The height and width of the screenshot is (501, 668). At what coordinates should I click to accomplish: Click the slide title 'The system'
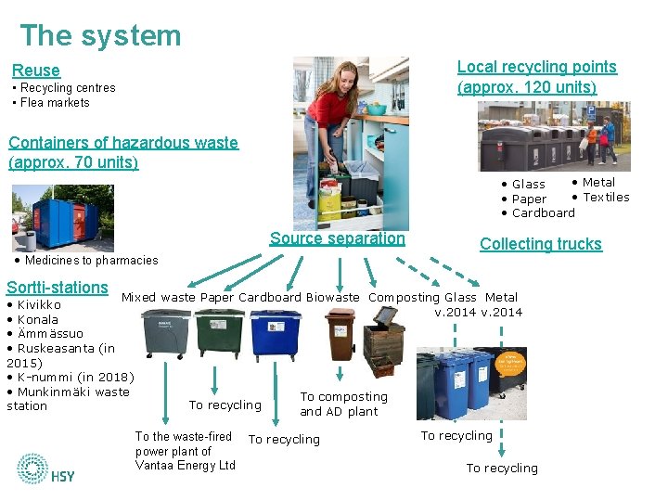coord(100,35)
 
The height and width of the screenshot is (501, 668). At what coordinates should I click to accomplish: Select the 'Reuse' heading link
coord(35,71)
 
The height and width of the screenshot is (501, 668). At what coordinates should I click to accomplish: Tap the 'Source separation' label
coord(338,238)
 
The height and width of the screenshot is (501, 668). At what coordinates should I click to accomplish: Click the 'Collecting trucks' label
coord(541,244)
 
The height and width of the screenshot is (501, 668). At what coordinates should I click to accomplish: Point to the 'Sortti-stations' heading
coord(58,288)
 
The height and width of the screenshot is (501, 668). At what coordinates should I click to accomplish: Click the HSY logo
coord(45,469)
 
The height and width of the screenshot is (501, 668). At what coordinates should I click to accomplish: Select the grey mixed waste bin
coord(165,335)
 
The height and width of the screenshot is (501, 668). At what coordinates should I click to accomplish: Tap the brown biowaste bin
coord(340,334)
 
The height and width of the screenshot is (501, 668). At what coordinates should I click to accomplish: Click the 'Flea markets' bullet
coord(55,103)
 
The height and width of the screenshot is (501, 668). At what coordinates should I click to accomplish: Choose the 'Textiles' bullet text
coord(606,197)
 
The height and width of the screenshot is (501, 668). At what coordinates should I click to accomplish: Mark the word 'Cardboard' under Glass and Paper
coord(544,212)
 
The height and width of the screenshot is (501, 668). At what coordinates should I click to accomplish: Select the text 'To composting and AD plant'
coord(343,404)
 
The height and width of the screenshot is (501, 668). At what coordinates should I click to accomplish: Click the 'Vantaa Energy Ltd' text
coord(186,466)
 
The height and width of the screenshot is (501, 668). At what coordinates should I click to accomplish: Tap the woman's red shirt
coord(328,107)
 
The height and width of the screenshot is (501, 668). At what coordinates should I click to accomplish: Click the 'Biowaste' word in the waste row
coord(333,298)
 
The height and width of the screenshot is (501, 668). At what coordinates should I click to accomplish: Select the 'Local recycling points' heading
coord(536,67)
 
